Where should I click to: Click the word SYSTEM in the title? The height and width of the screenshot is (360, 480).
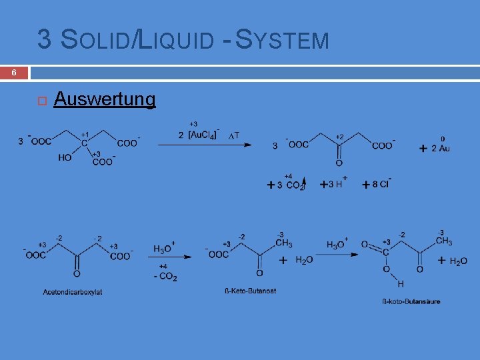pos(283,40)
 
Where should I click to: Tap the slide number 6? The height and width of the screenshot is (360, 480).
pos(14,73)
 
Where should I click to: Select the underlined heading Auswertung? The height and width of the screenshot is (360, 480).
pos(105,100)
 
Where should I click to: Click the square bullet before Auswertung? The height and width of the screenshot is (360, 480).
pos(41,101)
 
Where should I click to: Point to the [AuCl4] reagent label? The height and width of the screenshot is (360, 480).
pos(201,135)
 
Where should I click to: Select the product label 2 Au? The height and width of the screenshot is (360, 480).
pos(440,148)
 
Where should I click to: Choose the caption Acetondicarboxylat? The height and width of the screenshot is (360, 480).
pos(73,291)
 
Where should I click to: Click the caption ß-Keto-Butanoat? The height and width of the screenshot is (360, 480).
pos(251,291)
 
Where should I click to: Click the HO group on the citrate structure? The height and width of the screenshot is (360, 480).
pos(65,158)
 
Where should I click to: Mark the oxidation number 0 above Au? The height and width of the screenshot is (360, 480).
pos(442,139)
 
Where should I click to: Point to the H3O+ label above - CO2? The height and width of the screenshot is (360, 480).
pos(164,248)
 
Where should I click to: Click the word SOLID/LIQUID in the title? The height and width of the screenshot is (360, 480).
pos(137,40)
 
